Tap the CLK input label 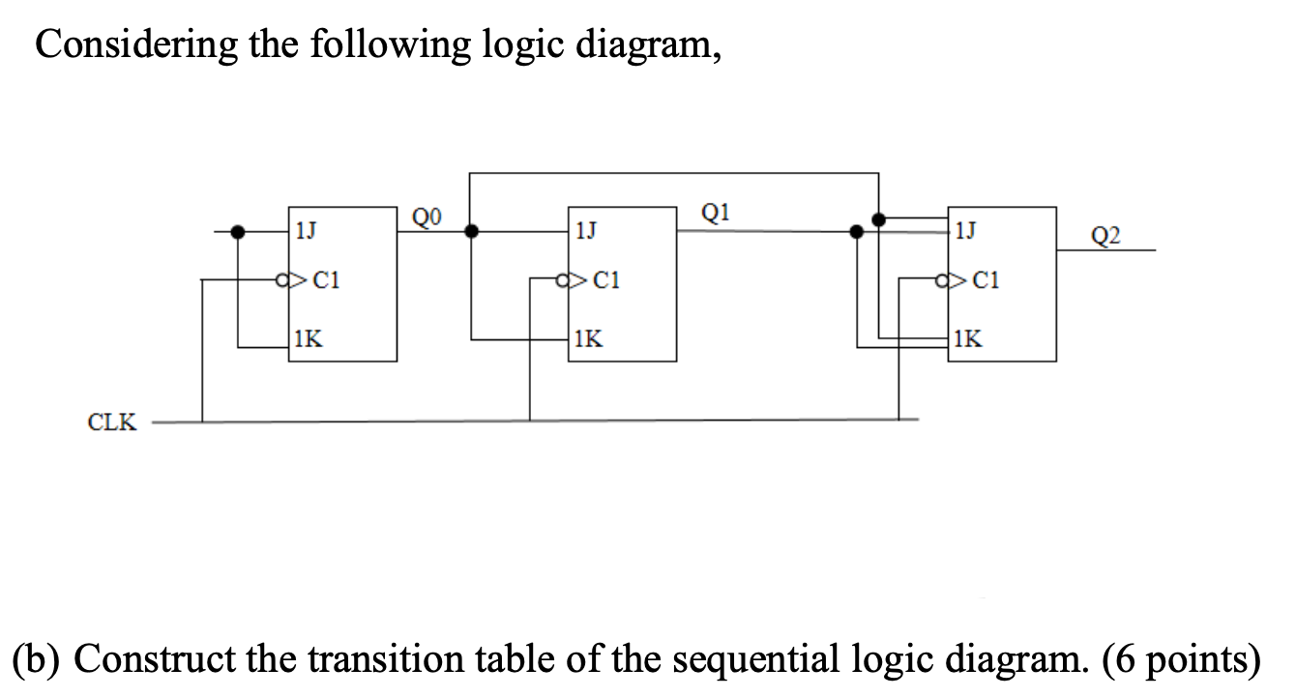[112, 422]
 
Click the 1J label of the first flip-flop [306, 232]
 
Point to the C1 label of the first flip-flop [325, 281]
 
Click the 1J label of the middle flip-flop [585, 232]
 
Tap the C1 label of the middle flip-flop [605, 281]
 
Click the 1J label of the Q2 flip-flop [964, 232]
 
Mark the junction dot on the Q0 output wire [471, 232]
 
